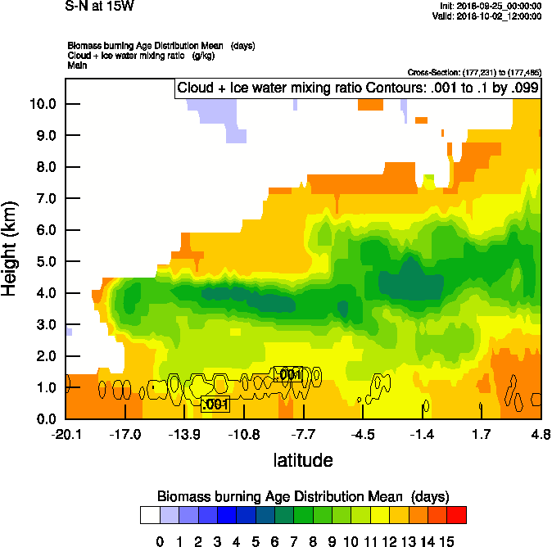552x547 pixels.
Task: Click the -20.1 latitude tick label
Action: tap(66, 433)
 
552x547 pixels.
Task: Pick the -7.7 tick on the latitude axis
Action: tap(303, 433)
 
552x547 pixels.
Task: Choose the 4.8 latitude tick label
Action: tap(541, 433)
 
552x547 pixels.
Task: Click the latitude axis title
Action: tap(303, 460)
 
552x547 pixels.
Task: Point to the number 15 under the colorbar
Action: tap(446, 541)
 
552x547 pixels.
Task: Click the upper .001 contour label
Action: tap(287, 374)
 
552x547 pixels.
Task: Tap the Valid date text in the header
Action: tap(488, 16)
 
